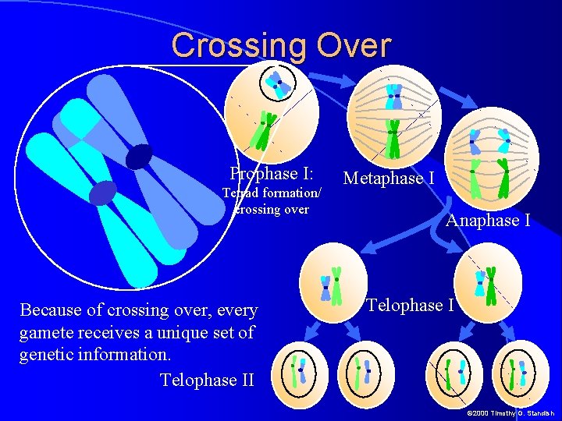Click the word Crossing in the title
pos(239,45)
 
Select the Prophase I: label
pos(271,173)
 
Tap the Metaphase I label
pos(389,179)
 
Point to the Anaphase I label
pos(488,221)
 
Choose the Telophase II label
pos(207,380)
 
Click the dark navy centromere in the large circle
pos(139,157)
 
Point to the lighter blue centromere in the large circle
pos(102,192)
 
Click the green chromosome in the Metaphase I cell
pos(393,139)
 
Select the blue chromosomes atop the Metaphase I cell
pos(393,95)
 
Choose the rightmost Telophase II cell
pos(521,372)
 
